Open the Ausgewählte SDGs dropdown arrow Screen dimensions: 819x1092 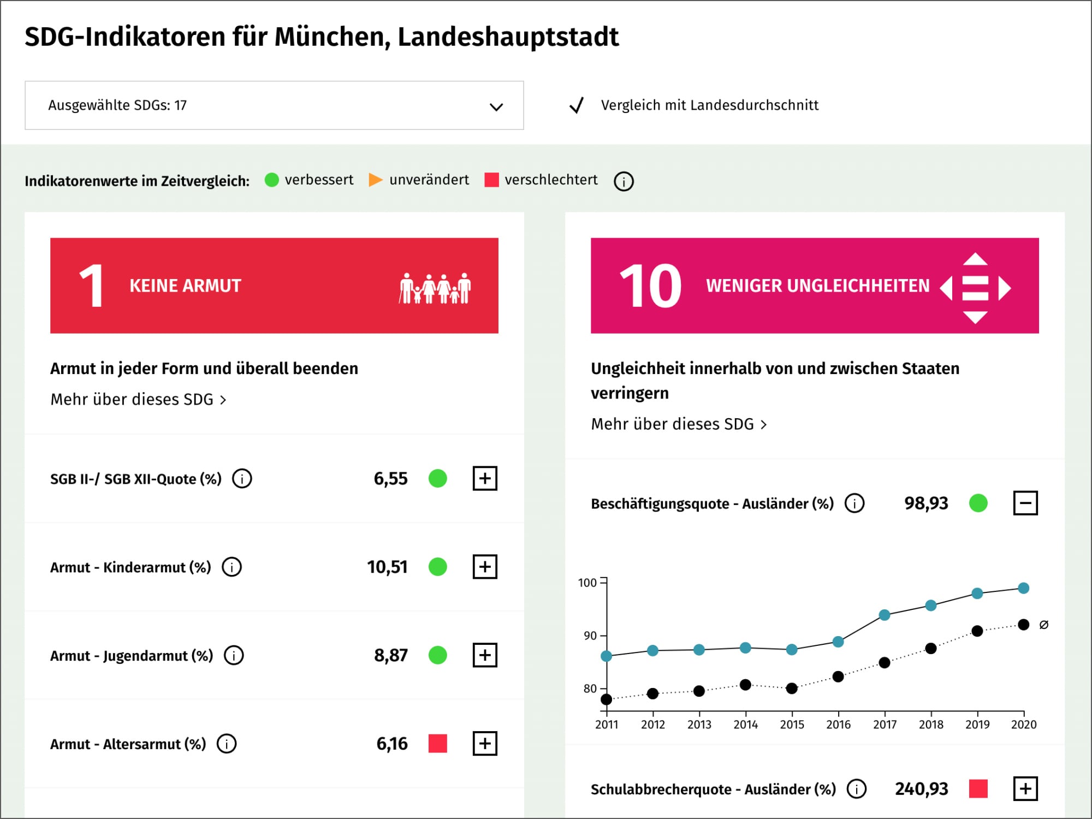tap(496, 106)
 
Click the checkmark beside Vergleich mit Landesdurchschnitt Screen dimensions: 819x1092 tap(577, 105)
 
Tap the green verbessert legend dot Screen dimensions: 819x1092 tap(271, 180)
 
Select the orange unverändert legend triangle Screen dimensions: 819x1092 tap(375, 180)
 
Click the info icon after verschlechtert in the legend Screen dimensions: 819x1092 tap(624, 181)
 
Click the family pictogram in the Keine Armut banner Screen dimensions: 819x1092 tap(435, 288)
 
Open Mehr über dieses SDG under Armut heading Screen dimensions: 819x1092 tap(138, 400)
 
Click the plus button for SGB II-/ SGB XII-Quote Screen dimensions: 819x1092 tap(485, 478)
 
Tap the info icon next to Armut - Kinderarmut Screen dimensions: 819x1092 tap(232, 567)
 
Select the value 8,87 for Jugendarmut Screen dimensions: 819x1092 tap(390, 655)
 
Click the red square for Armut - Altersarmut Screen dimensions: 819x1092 tap(437, 743)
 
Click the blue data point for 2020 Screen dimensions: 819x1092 tap(1023, 588)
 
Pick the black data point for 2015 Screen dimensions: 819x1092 tap(792, 688)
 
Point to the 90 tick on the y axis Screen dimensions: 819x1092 tap(590, 636)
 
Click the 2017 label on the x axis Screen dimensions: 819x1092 tap(884, 725)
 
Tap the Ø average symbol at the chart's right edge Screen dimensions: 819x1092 tap(1043, 625)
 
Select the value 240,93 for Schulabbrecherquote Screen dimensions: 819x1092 tap(921, 789)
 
